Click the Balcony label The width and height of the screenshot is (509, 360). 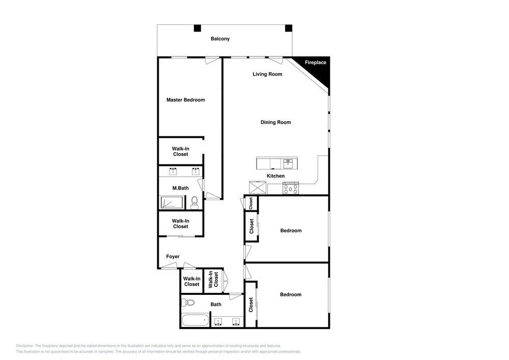(x=220, y=39)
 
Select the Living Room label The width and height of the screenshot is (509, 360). (x=267, y=74)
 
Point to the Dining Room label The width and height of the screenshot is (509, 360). (x=275, y=122)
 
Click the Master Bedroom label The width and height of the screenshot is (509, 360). (x=186, y=100)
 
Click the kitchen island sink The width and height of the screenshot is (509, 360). (x=288, y=163)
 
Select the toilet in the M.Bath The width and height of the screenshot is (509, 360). (x=194, y=203)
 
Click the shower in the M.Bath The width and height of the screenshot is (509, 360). (x=173, y=202)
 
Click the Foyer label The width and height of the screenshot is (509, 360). (x=173, y=257)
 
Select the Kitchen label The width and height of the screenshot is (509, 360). (x=275, y=176)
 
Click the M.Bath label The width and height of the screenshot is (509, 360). (x=181, y=188)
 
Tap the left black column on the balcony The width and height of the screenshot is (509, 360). (x=197, y=28)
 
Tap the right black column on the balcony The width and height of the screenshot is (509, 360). (x=289, y=28)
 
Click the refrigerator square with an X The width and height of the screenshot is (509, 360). (x=258, y=187)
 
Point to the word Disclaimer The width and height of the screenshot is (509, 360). (x=24, y=346)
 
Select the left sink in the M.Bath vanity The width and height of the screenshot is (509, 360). (x=173, y=171)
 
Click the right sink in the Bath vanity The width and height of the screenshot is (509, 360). (x=236, y=322)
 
